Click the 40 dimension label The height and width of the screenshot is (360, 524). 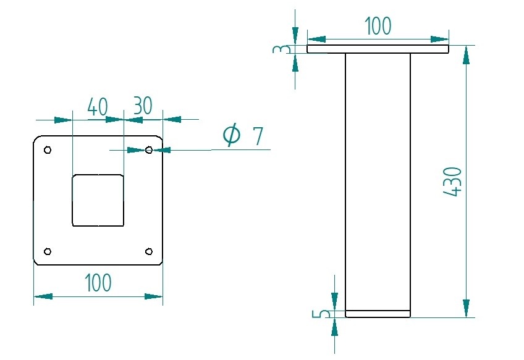click(x=98, y=107)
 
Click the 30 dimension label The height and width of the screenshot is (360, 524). click(x=142, y=106)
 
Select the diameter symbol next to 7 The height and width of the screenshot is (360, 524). click(x=231, y=135)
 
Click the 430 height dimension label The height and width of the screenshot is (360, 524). click(x=453, y=182)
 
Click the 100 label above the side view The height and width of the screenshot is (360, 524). click(x=378, y=27)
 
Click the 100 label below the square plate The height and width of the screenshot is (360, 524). click(x=98, y=283)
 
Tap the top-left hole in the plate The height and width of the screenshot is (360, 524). click(x=48, y=149)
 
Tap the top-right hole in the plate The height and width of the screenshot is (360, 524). click(x=148, y=149)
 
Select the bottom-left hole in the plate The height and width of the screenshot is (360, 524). click(x=48, y=251)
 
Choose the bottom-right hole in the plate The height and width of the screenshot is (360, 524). click(x=148, y=251)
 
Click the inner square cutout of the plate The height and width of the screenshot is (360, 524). click(x=98, y=200)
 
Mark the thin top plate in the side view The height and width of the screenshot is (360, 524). click(x=378, y=49)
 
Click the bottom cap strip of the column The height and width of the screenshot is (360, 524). click(x=378, y=314)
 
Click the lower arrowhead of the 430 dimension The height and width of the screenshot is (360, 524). click(x=466, y=308)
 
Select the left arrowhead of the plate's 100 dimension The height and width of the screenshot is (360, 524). click(x=43, y=296)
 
